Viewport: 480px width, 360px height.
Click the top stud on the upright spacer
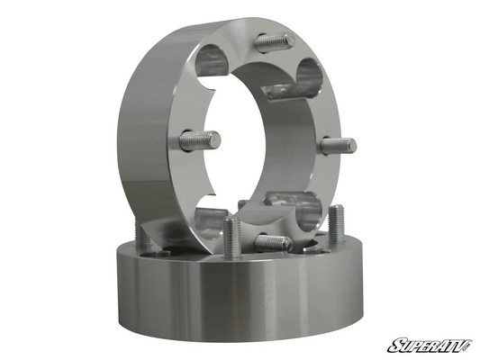pyautogui.click(x=276, y=42)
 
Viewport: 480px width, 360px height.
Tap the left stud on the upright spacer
pyautogui.click(x=200, y=139)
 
